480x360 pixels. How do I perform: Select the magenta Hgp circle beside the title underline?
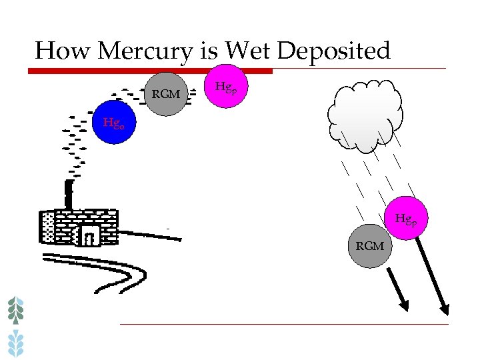click(225, 86)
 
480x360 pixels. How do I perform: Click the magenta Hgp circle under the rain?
click(406, 218)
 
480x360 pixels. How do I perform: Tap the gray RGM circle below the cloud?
click(370, 246)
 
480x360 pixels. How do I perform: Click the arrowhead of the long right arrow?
click(443, 308)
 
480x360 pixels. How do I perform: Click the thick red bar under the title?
click(153, 71)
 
